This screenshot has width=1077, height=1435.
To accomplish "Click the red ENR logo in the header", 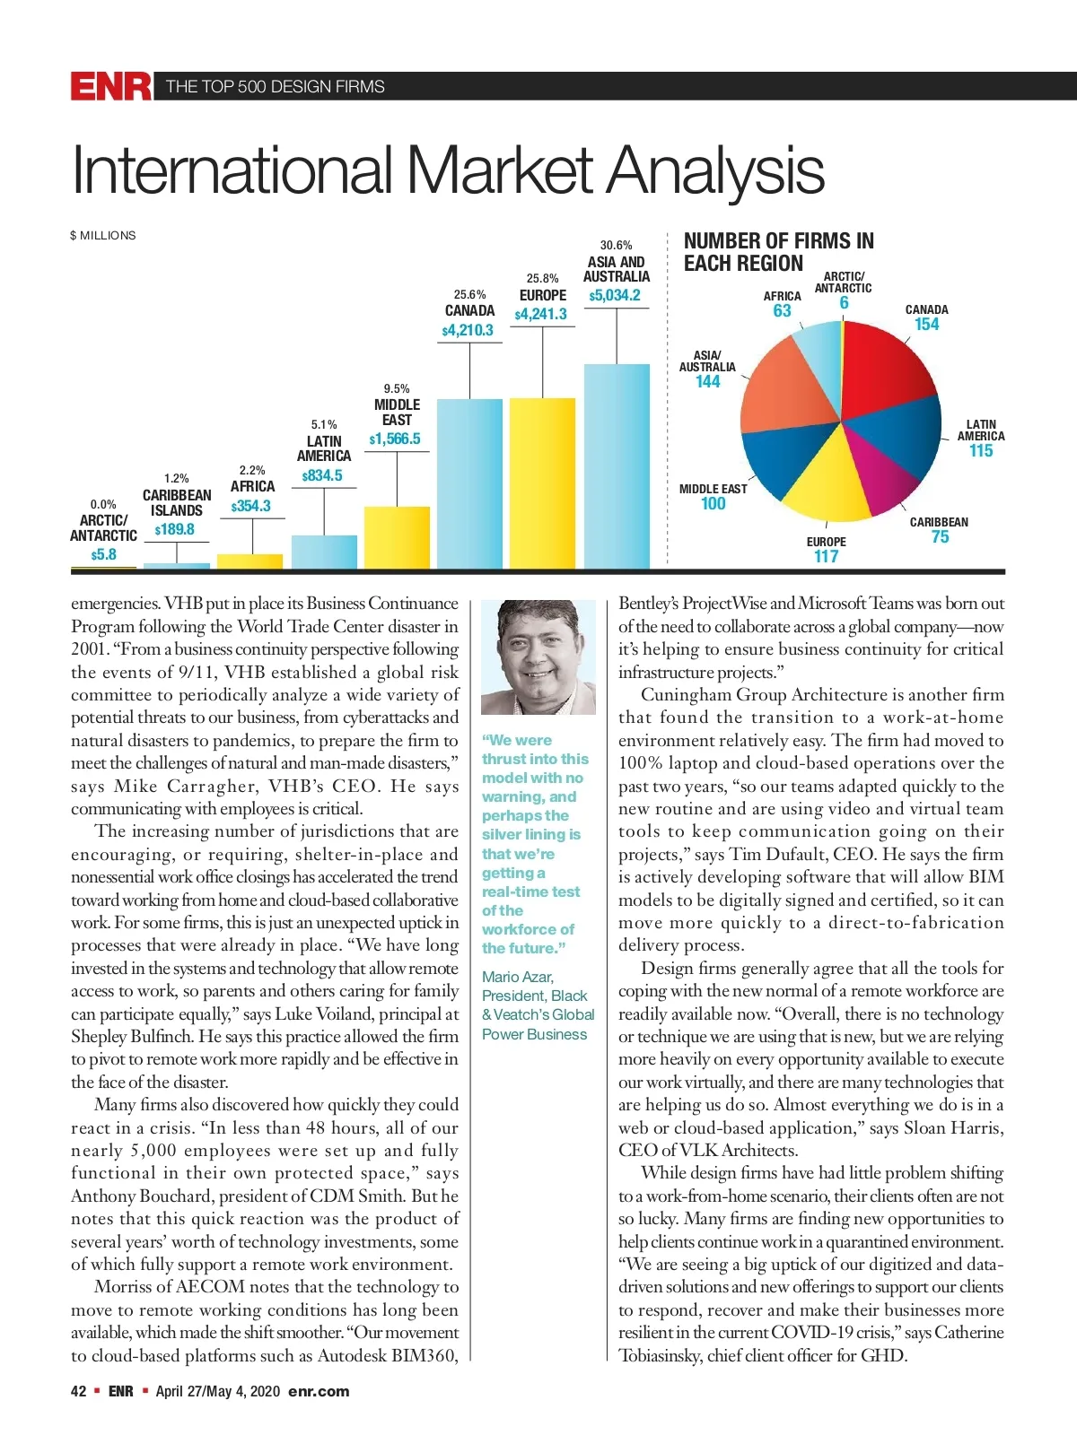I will pyautogui.click(x=110, y=86).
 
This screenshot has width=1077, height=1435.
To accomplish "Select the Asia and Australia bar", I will pyautogui.click(x=617, y=465).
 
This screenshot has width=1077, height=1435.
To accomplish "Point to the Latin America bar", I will pyautogui.click(x=324, y=551).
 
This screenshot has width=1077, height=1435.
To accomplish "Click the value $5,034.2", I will pyautogui.click(x=615, y=295).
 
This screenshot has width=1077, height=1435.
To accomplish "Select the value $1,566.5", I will pyautogui.click(x=395, y=439).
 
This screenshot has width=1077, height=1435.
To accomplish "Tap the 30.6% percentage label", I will pyautogui.click(x=616, y=245).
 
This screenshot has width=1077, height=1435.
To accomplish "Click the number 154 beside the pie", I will pyautogui.click(x=926, y=324).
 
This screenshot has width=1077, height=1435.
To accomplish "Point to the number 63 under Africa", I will pyautogui.click(x=782, y=310).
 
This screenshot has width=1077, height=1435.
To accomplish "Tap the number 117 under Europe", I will pyautogui.click(x=826, y=556).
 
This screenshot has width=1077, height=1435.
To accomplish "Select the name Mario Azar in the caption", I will pyautogui.click(x=518, y=977).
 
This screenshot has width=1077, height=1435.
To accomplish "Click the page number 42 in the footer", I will pyautogui.click(x=79, y=1391).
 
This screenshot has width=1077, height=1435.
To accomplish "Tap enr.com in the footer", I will pyautogui.click(x=319, y=1391).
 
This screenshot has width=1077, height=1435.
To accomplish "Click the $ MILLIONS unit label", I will pyautogui.click(x=103, y=235).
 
